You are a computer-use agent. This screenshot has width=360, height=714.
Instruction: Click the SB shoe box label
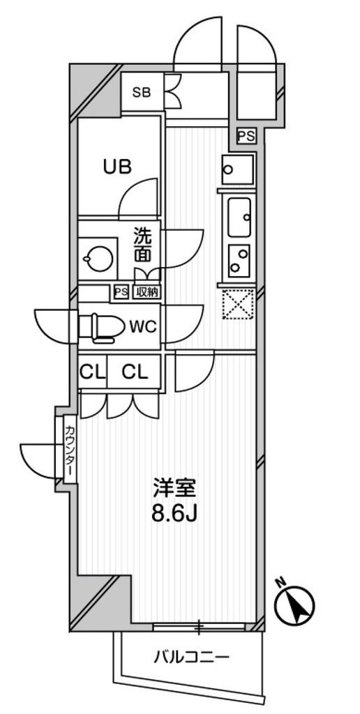(x=141, y=93)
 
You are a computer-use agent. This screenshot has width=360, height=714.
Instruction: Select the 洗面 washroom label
(x=142, y=245)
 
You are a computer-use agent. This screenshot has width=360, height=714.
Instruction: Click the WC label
(x=143, y=326)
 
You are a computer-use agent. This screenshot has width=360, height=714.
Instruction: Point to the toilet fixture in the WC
(x=102, y=326)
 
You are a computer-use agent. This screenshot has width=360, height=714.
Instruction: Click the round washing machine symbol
(x=98, y=259)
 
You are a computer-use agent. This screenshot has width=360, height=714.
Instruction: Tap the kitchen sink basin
(x=239, y=218)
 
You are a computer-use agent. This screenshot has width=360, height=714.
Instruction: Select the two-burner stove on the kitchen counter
(x=239, y=261)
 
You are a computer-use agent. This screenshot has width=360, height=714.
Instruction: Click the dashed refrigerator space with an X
(x=237, y=305)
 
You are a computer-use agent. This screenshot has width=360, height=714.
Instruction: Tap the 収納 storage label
(x=146, y=292)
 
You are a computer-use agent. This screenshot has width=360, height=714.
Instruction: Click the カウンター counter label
(x=70, y=449)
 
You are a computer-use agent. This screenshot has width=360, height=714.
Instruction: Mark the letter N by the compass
(x=280, y=582)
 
